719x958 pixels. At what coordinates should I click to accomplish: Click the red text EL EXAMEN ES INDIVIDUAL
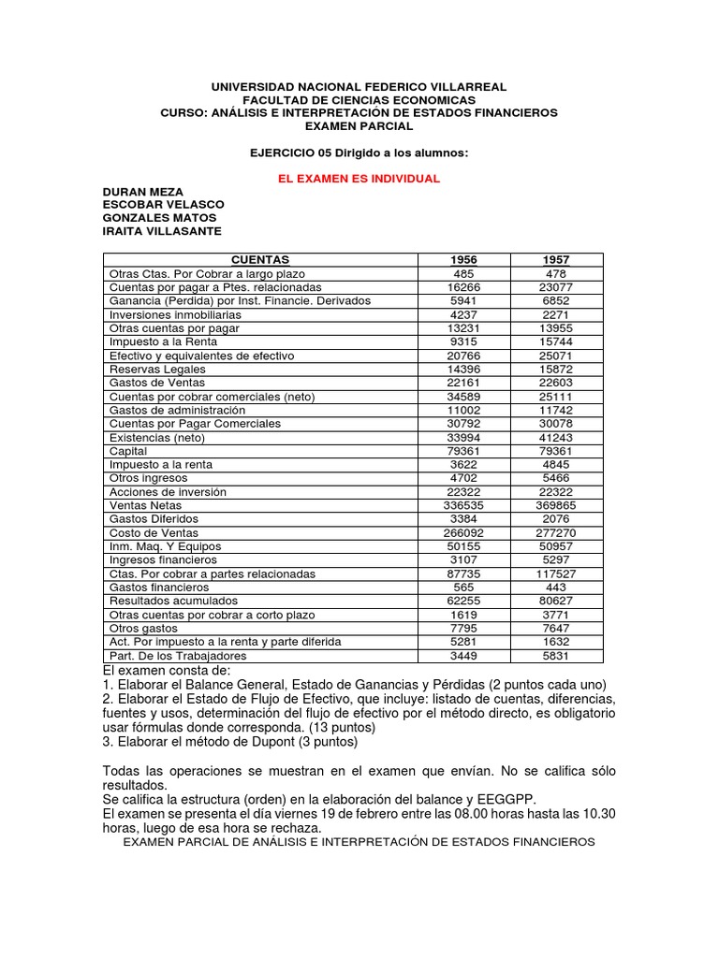[359, 178]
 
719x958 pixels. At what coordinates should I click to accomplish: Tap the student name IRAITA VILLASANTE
[162, 232]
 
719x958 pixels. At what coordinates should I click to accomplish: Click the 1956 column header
[463, 259]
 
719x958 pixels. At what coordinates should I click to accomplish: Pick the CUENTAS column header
[259, 259]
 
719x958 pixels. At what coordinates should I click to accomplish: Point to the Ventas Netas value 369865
[556, 505]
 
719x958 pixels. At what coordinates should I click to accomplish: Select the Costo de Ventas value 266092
[463, 532]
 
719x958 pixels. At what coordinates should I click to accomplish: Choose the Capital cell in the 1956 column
[463, 451]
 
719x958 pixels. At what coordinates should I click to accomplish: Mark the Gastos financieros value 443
[556, 587]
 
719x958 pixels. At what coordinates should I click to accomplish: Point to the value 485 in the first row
[463, 273]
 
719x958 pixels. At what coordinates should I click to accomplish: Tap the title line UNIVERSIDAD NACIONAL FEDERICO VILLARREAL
[359, 86]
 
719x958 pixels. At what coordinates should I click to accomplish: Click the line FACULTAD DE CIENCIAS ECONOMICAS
[359, 99]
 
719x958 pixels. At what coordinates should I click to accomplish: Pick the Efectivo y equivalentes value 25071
[556, 356]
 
